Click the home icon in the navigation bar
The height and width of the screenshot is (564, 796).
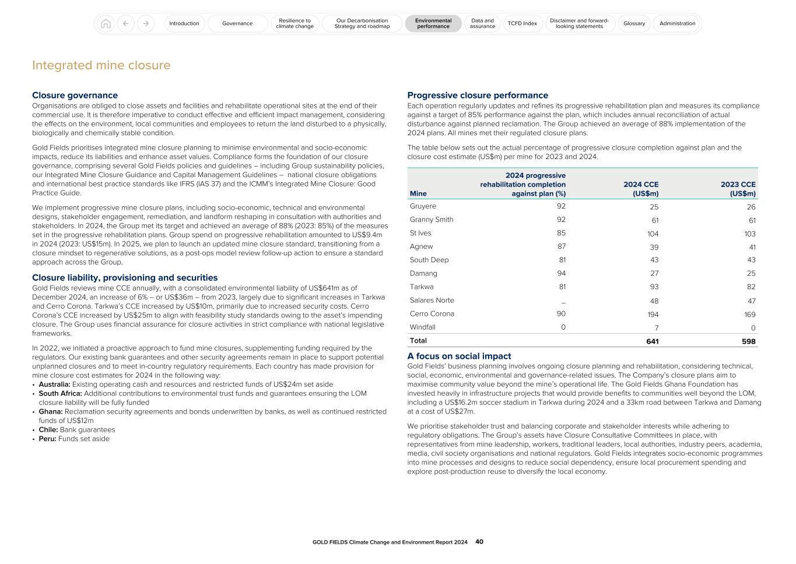[106, 23]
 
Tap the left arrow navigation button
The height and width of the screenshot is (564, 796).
[125, 23]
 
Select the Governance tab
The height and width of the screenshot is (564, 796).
[237, 23]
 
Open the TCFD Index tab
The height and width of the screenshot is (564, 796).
[522, 23]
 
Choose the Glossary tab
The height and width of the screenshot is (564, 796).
[634, 23]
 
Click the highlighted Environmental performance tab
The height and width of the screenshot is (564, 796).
[433, 23]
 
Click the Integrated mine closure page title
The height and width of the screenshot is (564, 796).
[101, 65]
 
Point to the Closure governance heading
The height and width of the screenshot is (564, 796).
[75, 96]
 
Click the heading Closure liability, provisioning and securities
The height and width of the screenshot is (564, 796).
[125, 278]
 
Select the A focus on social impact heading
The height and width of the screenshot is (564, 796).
[459, 356]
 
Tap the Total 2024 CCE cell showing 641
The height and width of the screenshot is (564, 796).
[652, 341]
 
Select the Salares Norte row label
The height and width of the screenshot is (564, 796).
[432, 301]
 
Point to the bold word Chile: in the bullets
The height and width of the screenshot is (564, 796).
[48, 430]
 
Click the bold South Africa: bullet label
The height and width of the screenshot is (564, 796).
[60, 393]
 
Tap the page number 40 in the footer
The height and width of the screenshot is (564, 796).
[479, 542]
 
